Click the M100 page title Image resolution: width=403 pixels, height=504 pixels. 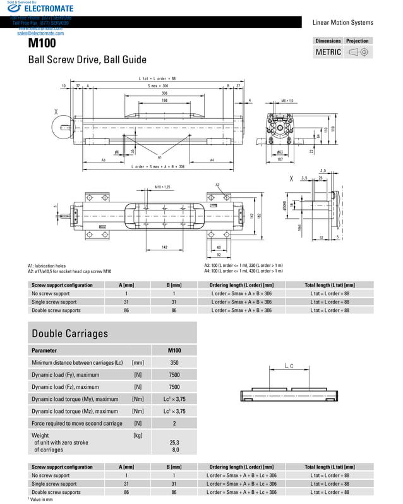pyautogui.click(x=42, y=43)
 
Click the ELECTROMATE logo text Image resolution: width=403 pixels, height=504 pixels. pyautogui.click(x=50, y=9)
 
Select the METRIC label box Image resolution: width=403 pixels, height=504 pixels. pyautogui.click(x=328, y=52)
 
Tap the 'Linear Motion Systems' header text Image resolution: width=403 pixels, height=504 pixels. pyautogui.click(x=342, y=23)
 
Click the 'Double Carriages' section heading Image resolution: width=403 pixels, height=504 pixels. pyautogui.click(x=69, y=333)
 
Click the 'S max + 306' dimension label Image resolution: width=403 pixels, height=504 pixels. pyautogui.click(x=158, y=85)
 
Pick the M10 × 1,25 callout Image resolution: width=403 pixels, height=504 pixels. pyautogui.click(x=164, y=187)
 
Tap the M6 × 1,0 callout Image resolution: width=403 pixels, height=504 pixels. pyautogui.click(x=287, y=101)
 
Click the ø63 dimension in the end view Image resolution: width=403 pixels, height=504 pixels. pyautogui.click(x=279, y=153)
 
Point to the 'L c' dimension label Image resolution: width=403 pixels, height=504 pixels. pyautogui.click(x=289, y=366)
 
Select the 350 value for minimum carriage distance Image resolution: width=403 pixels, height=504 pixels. pyautogui.click(x=174, y=363)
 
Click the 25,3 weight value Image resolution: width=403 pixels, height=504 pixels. pyautogui.click(x=174, y=443)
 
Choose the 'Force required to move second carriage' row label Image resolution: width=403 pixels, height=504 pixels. pyautogui.click(x=76, y=423)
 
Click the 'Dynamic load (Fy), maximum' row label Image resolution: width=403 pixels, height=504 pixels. pyautogui.click(x=65, y=375)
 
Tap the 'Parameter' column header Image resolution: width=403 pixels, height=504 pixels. pyautogui.click(x=44, y=350)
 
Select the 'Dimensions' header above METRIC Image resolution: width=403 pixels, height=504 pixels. pyautogui.click(x=328, y=40)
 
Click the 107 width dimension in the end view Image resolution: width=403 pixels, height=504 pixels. pyautogui.click(x=279, y=159)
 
